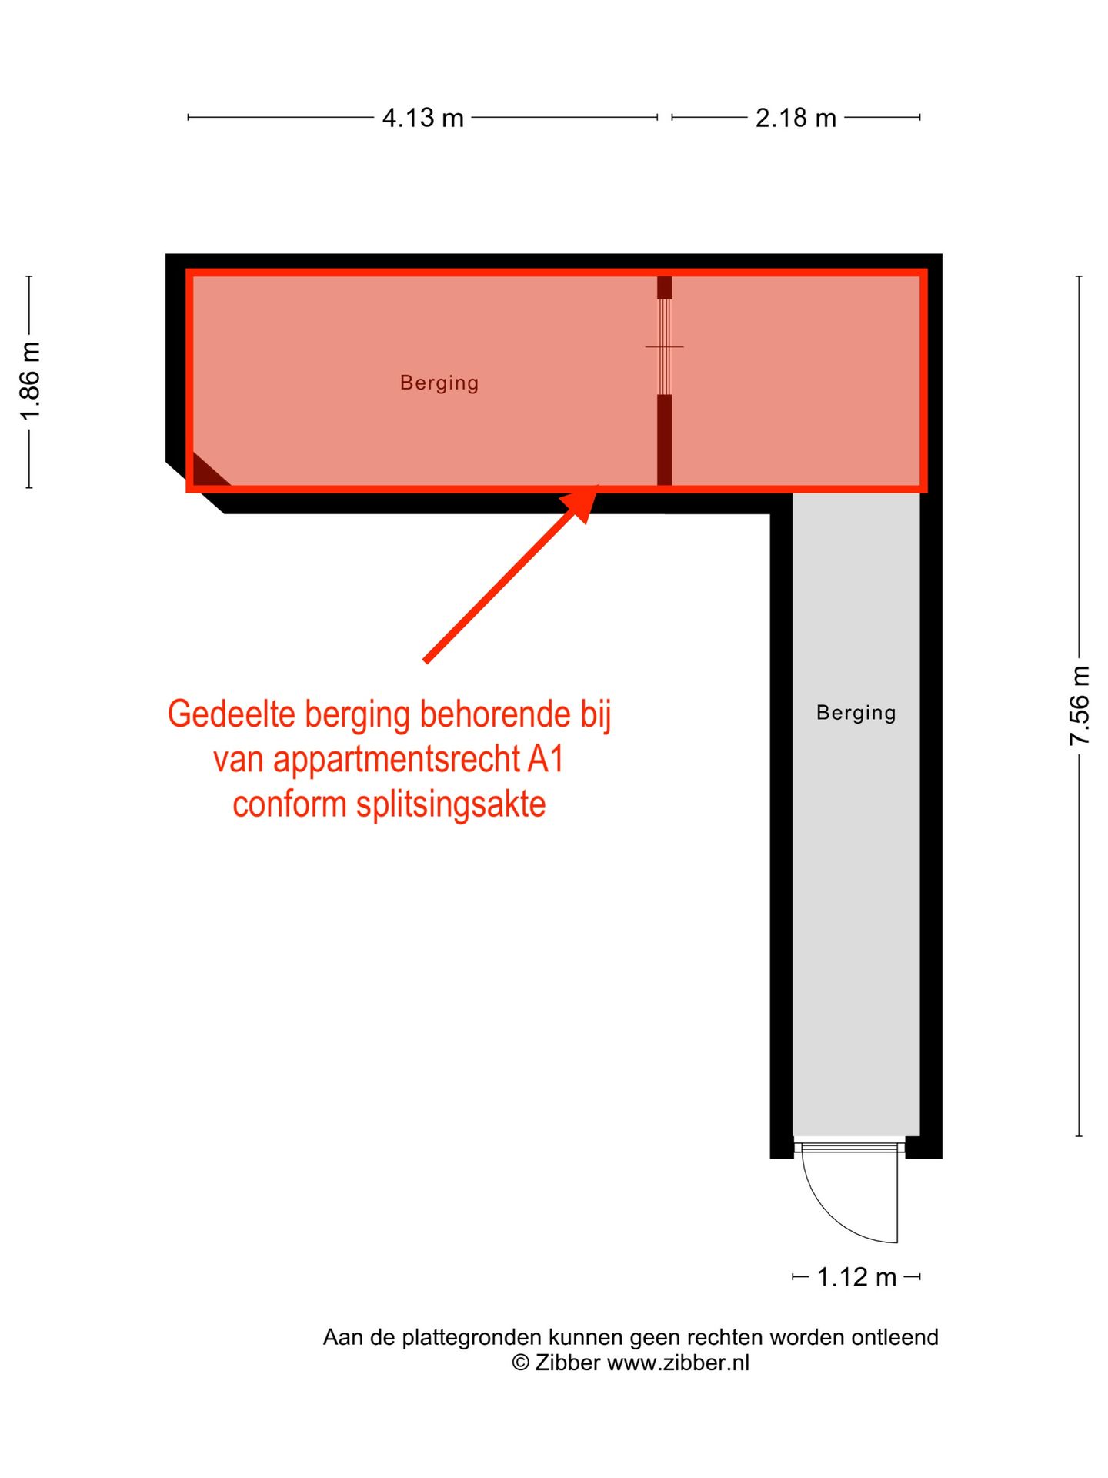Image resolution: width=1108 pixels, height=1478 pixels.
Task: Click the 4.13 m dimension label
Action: [422, 118]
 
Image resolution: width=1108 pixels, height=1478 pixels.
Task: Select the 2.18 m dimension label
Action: [796, 118]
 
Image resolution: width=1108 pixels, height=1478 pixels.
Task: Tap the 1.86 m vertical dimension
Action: [30, 382]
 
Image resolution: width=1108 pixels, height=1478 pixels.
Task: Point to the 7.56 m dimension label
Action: [1080, 706]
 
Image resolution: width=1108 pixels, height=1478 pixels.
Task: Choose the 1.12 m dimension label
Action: [856, 1277]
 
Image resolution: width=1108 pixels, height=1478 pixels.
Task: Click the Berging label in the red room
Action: [439, 383]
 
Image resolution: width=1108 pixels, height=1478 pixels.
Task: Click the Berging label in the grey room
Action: [856, 713]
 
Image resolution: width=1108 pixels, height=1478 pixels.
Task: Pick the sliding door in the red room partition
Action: [664, 346]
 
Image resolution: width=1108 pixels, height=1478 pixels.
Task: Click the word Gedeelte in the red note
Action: [232, 714]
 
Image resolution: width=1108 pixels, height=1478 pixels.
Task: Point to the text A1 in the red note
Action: [546, 760]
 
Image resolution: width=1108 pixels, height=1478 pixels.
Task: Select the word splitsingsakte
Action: [451, 804]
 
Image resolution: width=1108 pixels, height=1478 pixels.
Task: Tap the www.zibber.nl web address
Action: [678, 1363]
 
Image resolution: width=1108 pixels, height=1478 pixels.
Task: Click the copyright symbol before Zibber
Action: [521, 1363]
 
